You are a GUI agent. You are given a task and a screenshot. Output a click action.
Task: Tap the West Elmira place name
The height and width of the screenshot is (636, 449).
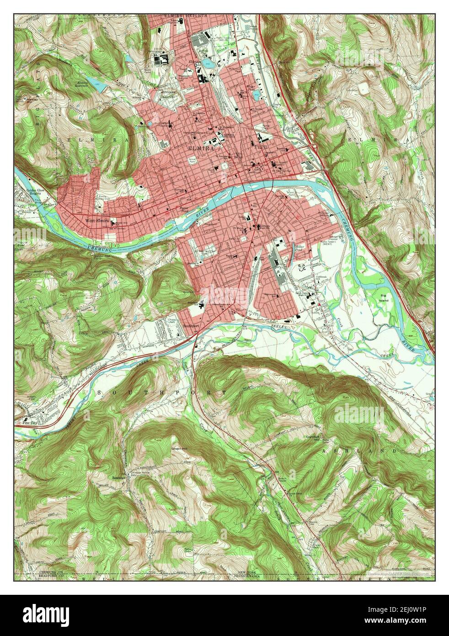(x=96, y=221)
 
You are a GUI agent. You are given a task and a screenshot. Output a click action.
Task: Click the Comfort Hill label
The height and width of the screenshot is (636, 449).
(x=315, y=439)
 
